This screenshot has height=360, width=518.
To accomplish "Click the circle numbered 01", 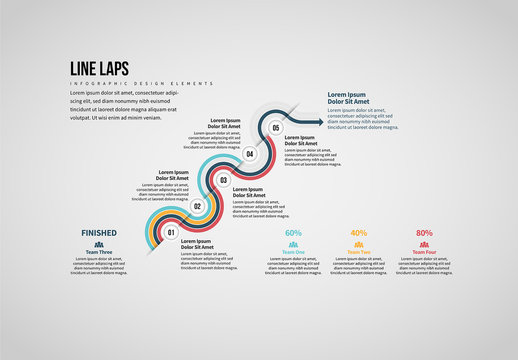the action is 171,233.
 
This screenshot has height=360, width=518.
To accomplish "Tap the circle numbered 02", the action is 197,207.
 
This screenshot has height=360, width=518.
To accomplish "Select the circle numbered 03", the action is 224,181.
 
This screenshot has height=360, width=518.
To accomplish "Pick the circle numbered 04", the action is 250,154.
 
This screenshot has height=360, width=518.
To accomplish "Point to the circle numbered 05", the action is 276,128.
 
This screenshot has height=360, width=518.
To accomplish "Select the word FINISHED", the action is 99,233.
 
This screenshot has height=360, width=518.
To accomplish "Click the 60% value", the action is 294,233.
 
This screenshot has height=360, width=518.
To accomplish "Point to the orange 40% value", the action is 359,233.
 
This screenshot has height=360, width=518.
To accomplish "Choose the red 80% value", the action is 424,233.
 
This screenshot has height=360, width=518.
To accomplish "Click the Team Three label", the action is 99,251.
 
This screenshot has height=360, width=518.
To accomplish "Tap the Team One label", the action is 294,251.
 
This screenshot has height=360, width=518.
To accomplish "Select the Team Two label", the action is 359,251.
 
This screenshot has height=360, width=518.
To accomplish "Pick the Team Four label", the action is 424,251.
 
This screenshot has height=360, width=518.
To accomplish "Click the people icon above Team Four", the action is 424,243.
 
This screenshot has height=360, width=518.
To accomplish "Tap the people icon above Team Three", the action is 99,243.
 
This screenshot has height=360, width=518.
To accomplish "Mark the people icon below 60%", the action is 294,243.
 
